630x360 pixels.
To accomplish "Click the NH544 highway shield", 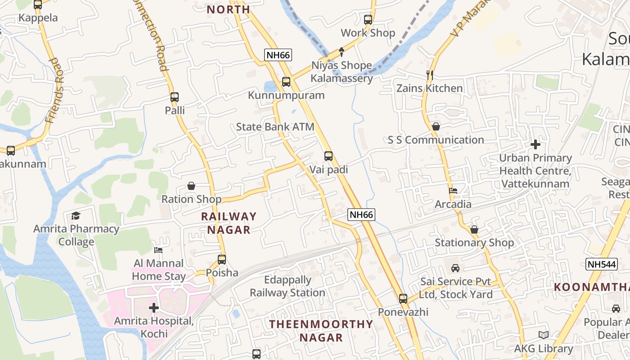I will [x=601, y=265].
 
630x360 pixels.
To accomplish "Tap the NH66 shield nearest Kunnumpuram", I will [x=278, y=55].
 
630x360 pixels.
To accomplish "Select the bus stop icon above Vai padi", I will [x=328, y=156].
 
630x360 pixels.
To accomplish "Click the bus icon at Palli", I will [x=175, y=97].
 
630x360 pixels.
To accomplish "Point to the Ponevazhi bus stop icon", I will [x=403, y=298].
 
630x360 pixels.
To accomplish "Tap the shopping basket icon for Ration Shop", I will [x=191, y=186].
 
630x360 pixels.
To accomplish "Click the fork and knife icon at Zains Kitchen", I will [x=429, y=75].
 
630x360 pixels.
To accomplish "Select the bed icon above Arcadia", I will [x=453, y=191].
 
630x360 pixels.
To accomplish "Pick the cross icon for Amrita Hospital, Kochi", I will [x=154, y=308].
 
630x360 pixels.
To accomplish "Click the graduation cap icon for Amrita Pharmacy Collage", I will [x=76, y=216].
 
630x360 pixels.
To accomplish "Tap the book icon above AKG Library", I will [x=544, y=335].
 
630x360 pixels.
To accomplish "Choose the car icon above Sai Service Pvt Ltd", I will [x=455, y=268].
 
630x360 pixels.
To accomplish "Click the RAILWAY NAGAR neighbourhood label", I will [x=229, y=223].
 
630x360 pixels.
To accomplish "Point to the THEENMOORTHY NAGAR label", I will [x=321, y=331].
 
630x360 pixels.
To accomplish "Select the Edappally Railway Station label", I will [x=288, y=286].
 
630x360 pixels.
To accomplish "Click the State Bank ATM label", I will [x=275, y=127].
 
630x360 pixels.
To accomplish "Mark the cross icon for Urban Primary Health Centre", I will [x=535, y=144].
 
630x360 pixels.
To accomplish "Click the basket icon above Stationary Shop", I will [x=474, y=229].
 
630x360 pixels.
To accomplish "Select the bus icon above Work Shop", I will [x=368, y=20].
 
